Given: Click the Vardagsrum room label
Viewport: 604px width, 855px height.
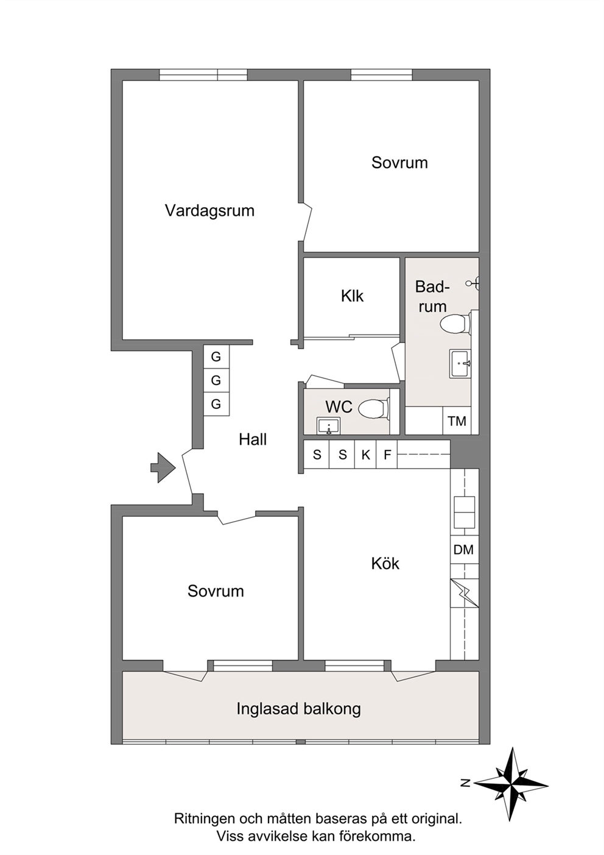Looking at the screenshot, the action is [209, 211].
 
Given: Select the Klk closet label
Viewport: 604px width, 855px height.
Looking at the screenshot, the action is [353, 296].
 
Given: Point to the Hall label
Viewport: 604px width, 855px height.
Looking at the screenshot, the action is [253, 439].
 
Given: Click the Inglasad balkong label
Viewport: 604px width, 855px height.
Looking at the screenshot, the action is [298, 709].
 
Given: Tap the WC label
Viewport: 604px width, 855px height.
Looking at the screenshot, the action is [339, 407].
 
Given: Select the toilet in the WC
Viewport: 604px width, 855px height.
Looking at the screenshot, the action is [375, 409].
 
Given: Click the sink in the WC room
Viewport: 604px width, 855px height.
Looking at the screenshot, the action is [329, 426].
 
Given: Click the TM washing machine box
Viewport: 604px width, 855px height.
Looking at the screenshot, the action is [457, 421].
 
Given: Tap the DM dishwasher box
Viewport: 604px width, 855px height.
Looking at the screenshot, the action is [464, 550].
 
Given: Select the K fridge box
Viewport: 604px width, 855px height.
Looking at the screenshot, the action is [365, 454].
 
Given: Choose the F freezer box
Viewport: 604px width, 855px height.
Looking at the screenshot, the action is [387, 454].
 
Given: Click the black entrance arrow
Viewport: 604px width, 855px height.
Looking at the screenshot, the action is [163, 467].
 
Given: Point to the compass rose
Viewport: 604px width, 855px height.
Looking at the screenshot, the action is [510, 781].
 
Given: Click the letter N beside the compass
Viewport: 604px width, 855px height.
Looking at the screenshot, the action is [465, 783].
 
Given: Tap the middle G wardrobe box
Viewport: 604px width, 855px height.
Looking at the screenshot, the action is [216, 380].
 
